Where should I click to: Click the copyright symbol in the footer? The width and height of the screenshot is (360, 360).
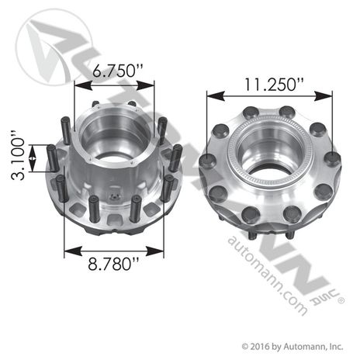(x=246, y=346)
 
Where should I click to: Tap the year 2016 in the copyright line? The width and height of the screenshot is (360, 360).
(x=261, y=346)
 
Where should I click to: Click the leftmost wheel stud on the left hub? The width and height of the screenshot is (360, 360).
(x=52, y=161)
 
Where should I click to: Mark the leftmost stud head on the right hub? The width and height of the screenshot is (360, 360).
(x=206, y=161)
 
